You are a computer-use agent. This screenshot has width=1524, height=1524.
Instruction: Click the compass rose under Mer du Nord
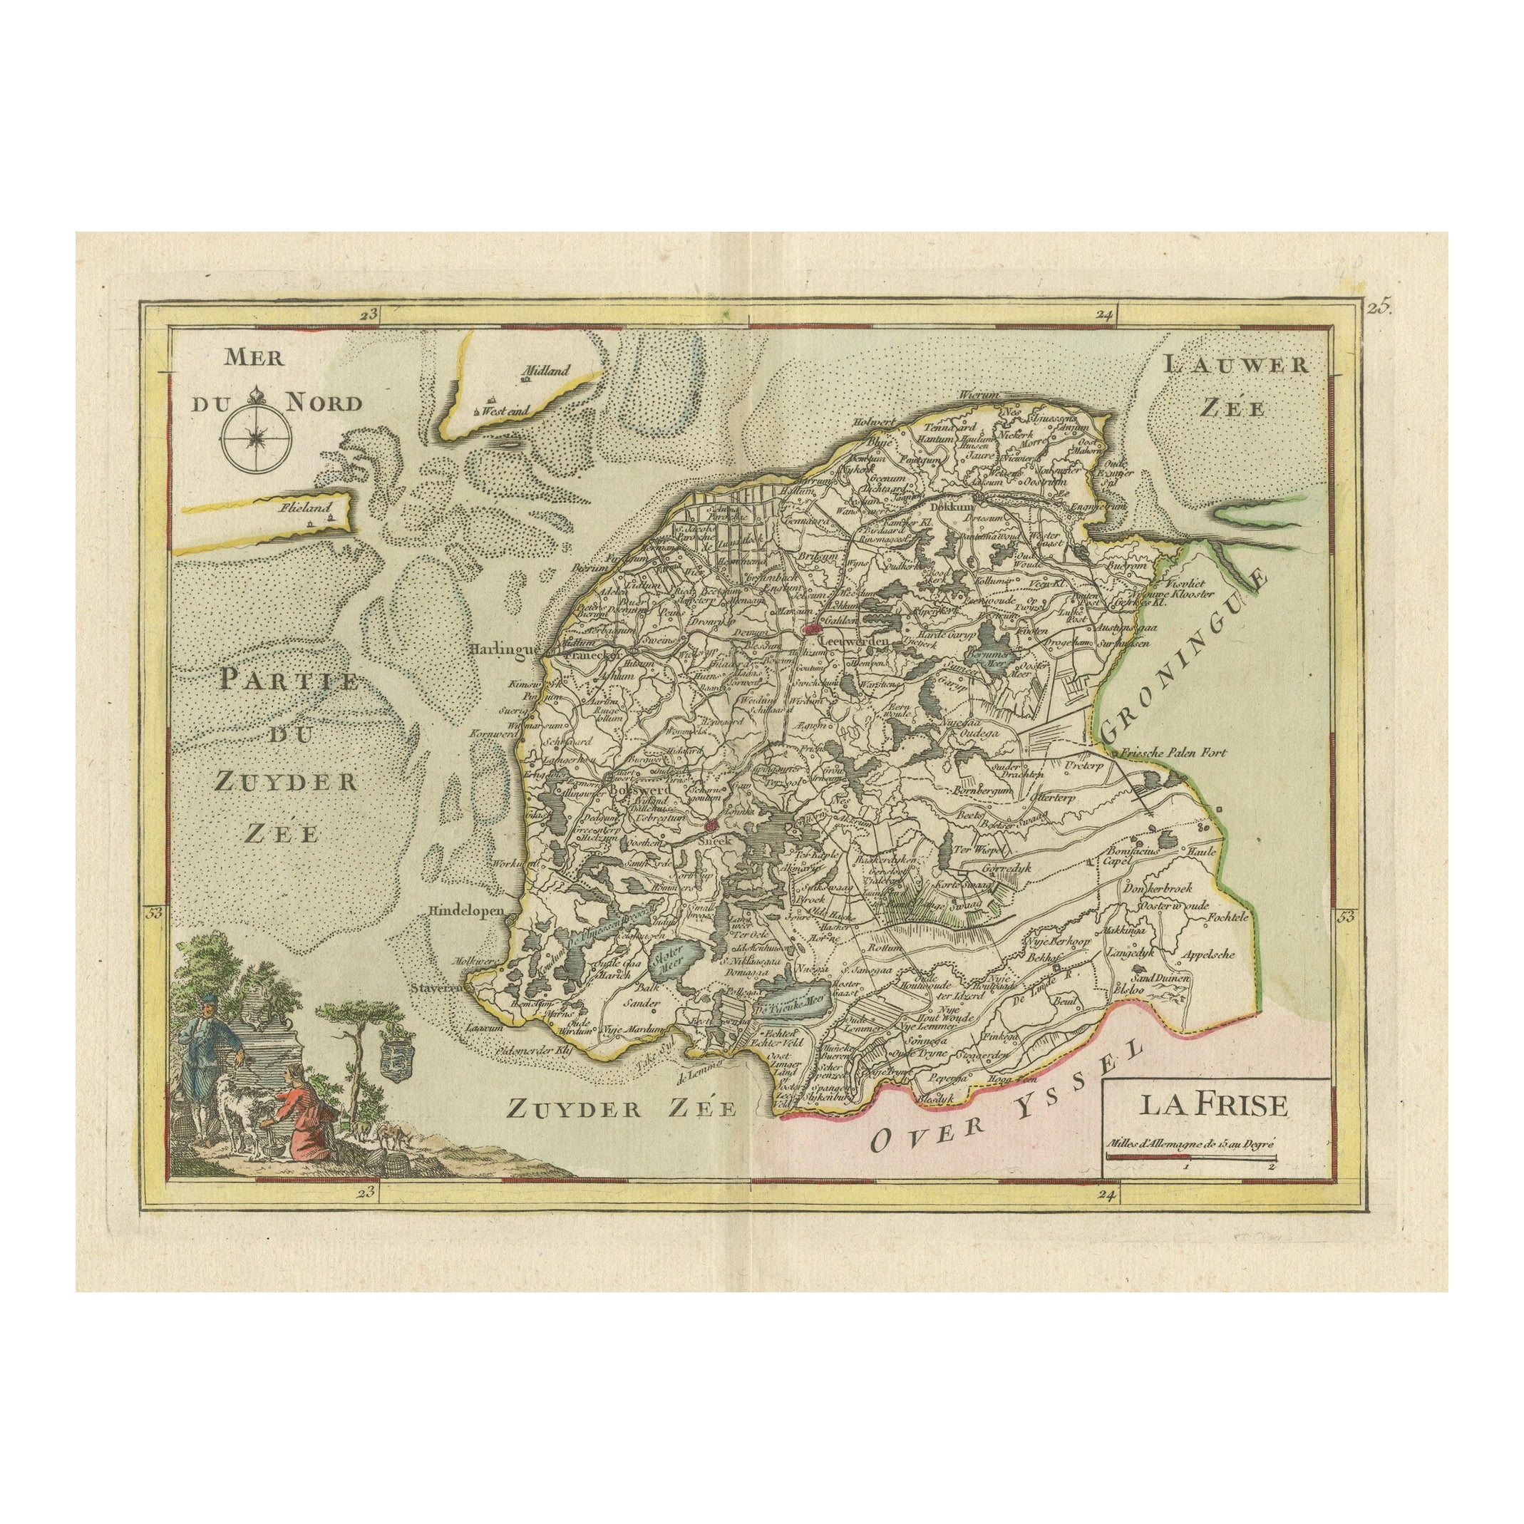(257, 436)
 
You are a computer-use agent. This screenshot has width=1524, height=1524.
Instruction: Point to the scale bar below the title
(1190, 1157)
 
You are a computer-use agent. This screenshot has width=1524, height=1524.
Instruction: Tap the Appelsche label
(1206, 953)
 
